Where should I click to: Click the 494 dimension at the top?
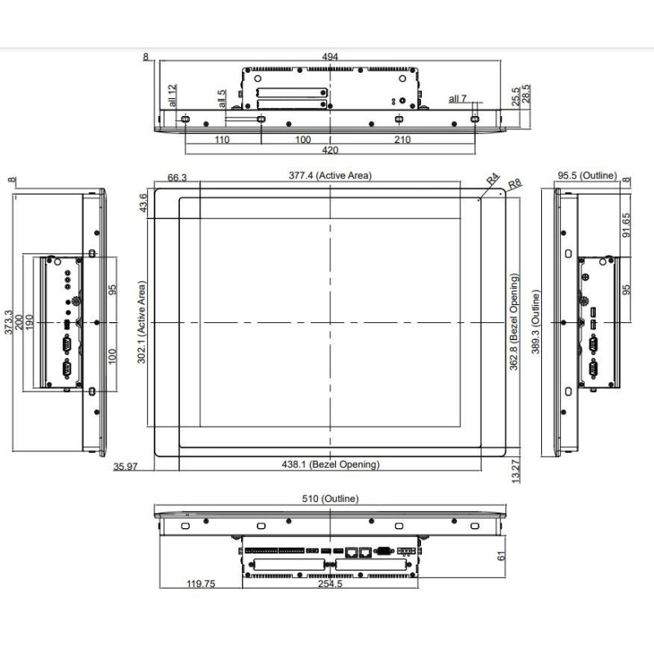pyautogui.click(x=330, y=56)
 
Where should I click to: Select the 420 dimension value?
pyautogui.click(x=330, y=150)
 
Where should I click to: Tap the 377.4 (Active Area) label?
pyautogui.click(x=330, y=175)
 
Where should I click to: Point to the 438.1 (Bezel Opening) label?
pyautogui.click(x=330, y=464)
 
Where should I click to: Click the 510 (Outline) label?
pyautogui.click(x=330, y=498)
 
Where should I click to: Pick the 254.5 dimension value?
pyautogui.click(x=330, y=585)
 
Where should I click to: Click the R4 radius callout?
pyautogui.click(x=493, y=178)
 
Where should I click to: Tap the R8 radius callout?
pyautogui.click(x=513, y=184)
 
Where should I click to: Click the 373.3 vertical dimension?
pyautogui.click(x=9, y=324)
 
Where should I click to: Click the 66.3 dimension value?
pyautogui.click(x=177, y=177)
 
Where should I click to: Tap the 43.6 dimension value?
pyautogui.click(x=144, y=202)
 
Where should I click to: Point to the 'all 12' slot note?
pyautogui.click(x=172, y=96)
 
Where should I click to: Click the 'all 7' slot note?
pyautogui.click(x=458, y=99)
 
